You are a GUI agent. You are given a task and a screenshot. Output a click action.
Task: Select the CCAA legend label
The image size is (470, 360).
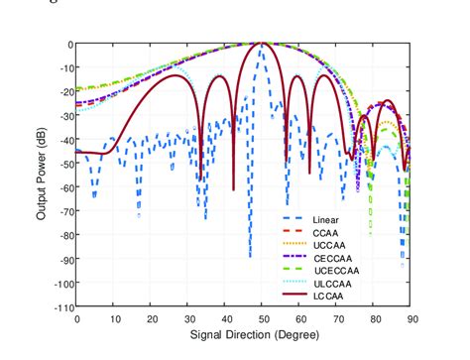[x=325, y=233]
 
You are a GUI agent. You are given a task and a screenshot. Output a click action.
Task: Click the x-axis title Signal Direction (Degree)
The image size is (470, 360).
[x=244, y=335]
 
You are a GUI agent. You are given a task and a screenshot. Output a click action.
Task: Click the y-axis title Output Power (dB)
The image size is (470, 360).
[x=42, y=176]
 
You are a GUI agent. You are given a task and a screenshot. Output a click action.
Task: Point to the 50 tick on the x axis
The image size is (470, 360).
[x=264, y=318]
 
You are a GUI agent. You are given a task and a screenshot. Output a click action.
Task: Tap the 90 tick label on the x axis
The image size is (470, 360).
[x=412, y=318]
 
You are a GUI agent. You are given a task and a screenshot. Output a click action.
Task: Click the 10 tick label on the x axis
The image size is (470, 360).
[x=114, y=318]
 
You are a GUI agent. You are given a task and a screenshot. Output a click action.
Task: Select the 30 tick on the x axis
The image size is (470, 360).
[x=189, y=318]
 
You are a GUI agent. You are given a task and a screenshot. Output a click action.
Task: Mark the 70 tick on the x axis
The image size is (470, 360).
[x=338, y=318]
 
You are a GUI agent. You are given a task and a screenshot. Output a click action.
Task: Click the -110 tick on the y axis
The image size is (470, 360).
[x=61, y=307]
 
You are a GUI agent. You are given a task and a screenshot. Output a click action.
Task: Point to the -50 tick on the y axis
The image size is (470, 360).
[x=64, y=164]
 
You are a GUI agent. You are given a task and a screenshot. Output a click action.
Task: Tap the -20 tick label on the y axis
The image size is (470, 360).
[x=64, y=92]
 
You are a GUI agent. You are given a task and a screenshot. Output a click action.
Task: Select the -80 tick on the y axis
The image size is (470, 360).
[x=64, y=236]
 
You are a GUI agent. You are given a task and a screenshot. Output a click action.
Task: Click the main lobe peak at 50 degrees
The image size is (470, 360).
[x=263, y=44]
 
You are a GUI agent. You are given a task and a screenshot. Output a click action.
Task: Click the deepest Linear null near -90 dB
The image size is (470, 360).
[x=250, y=257]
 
